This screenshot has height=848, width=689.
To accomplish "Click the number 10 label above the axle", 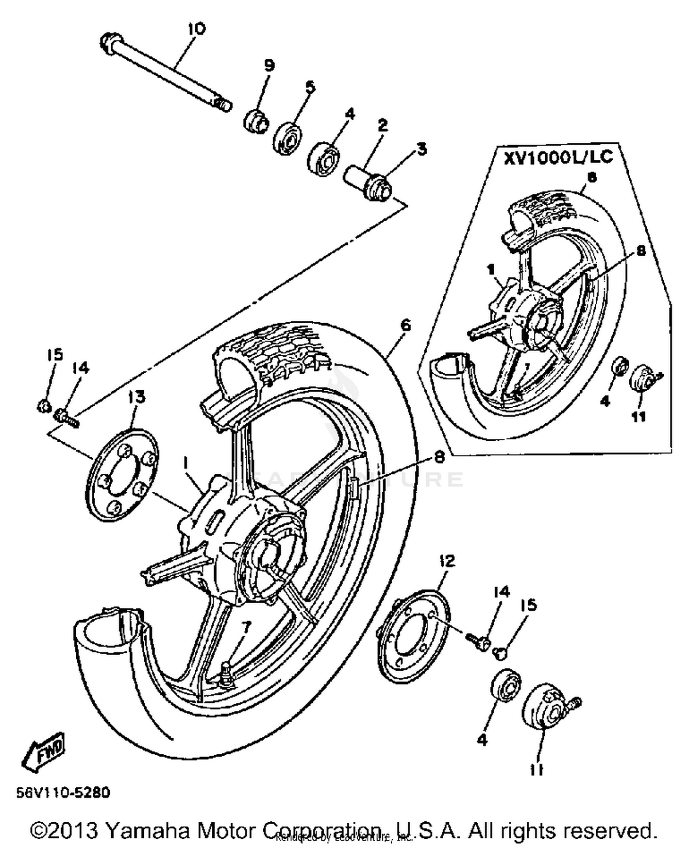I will click(x=196, y=28).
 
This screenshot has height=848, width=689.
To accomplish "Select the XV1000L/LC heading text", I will click(x=558, y=157).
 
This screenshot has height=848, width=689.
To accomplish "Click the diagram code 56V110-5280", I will click(x=63, y=792).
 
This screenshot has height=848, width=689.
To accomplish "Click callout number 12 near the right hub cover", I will click(x=446, y=561).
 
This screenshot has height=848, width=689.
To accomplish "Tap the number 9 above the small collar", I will click(x=269, y=65).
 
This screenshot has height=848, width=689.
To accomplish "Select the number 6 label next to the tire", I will click(x=405, y=325).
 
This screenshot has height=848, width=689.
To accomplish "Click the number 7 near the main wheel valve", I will click(x=247, y=627).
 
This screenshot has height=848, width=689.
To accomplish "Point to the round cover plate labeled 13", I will click(x=121, y=475).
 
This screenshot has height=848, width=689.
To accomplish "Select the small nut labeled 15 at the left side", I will click(x=43, y=405).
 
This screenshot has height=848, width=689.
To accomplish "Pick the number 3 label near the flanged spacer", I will click(x=421, y=149).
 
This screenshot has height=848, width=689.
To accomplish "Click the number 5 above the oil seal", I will click(x=311, y=87).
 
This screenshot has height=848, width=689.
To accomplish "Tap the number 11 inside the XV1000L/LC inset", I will click(x=638, y=416).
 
